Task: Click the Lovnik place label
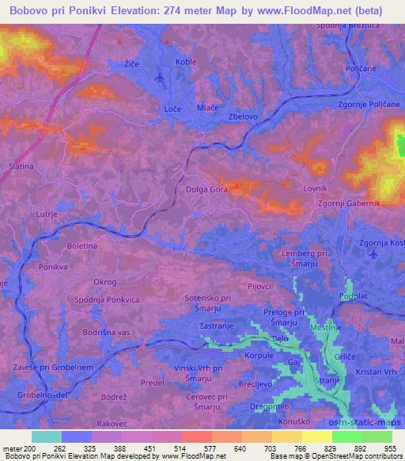(x=315, y=189)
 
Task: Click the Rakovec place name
(x=113, y=423)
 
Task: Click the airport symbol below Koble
(x=161, y=78)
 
